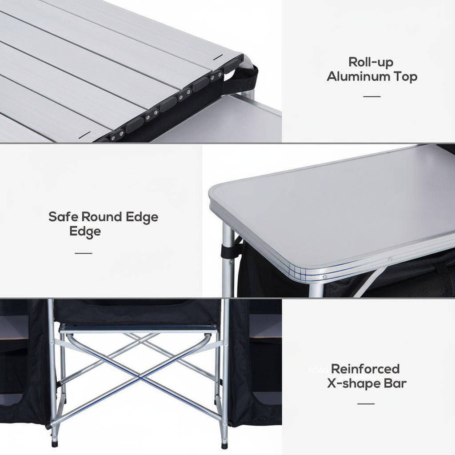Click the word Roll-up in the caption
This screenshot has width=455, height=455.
point(371,62)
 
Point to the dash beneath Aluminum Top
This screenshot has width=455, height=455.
point(372,96)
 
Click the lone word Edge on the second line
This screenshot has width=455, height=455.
point(85,231)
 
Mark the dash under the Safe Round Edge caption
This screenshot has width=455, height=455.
point(83,253)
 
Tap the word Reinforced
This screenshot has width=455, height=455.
point(365,369)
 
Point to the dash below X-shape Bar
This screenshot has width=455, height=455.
point(366,404)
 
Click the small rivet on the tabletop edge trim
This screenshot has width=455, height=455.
point(390,259)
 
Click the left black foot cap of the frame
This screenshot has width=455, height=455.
point(55,443)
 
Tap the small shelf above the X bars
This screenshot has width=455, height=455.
point(139,328)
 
